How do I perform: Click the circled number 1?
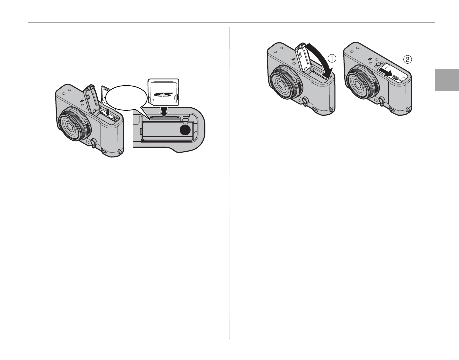point(332,58)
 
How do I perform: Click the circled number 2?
point(407,60)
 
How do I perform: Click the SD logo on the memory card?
point(163,95)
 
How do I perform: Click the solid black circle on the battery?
point(185,130)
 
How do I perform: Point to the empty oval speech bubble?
point(126,98)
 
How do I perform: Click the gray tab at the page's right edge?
point(447,80)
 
